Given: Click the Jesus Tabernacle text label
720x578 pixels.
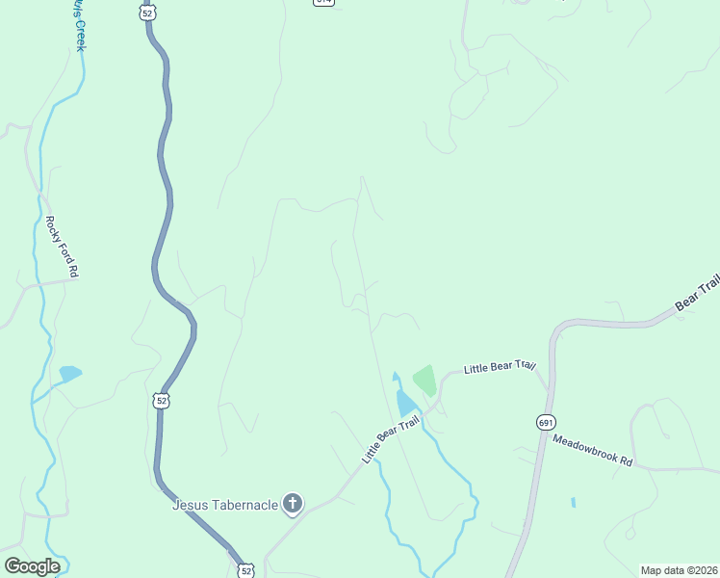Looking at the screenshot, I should click(225, 504).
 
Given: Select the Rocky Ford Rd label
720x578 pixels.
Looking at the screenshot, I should click(61, 247).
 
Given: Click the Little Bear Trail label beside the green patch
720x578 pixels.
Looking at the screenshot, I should click(499, 367).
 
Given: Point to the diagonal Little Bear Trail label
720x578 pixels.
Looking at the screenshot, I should click(392, 438).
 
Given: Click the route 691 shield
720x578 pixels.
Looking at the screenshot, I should click(546, 422).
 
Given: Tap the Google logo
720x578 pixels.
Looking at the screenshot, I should click(32, 566).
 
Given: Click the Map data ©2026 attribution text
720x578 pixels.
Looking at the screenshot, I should click(678, 570).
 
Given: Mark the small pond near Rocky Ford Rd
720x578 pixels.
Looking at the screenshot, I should click(70, 373).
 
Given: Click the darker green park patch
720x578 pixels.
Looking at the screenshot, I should click(424, 379).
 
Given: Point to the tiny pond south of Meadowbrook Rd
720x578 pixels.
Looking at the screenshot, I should click(573, 502).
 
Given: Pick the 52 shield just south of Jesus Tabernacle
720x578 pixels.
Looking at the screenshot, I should click(245, 570).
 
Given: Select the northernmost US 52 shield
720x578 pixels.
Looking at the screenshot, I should click(146, 12).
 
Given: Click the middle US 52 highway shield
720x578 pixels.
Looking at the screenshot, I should click(161, 399).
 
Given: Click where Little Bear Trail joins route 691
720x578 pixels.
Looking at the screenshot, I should click(551, 390).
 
